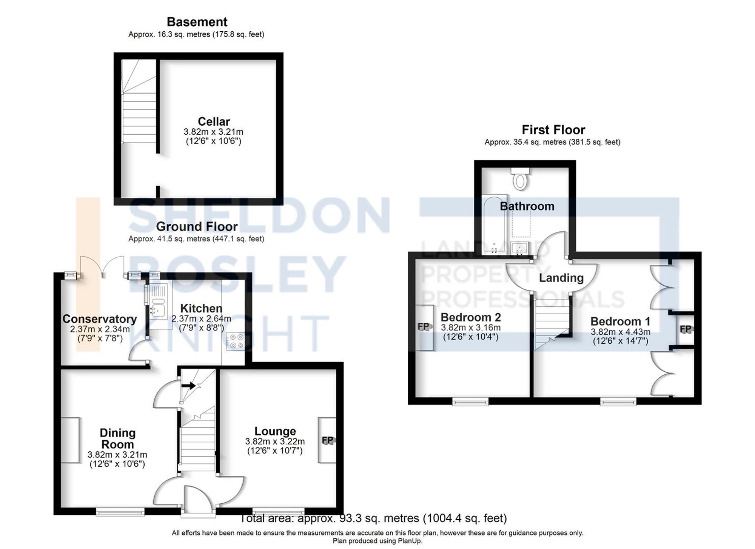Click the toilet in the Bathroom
click(x=520, y=179)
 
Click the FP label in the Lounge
click(x=327, y=440)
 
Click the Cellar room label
click(x=214, y=121)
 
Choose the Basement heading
click(x=197, y=22)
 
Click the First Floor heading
click(x=553, y=130)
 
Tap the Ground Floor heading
click(x=197, y=226)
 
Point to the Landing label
click(x=561, y=278)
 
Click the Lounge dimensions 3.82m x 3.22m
click(x=275, y=441)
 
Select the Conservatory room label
click(x=100, y=319)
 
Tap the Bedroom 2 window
click(x=470, y=401)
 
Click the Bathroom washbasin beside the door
click(x=520, y=249)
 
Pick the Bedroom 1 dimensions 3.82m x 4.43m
click(x=620, y=332)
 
